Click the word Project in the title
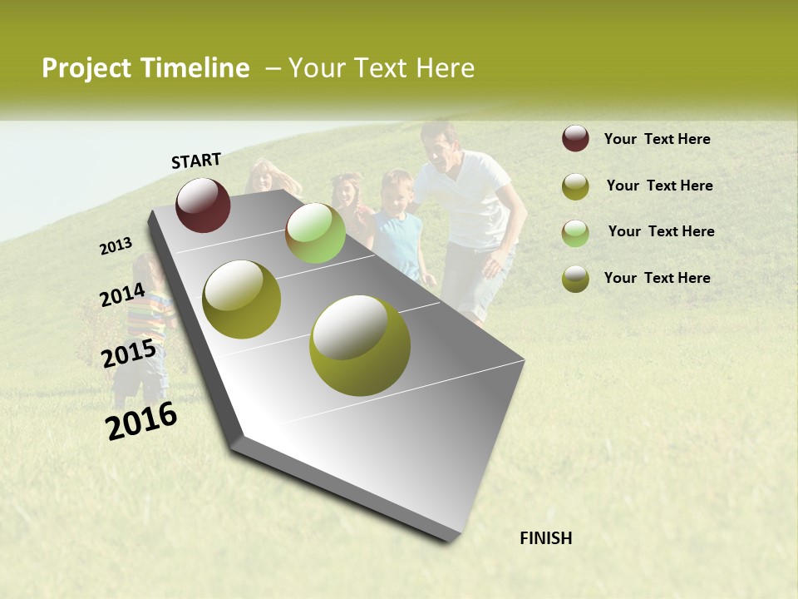[x=86, y=68]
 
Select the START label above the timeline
[x=196, y=161]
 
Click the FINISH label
[x=545, y=538]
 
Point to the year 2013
[x=116, y=246]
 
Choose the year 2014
[x=122, y=295]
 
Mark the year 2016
[x=141, y=421]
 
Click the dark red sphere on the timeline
[x=203, y=205]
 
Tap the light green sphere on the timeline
[x=315, y=233]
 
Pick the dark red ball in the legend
[x=575, y=139]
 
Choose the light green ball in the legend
[x=575, y=232]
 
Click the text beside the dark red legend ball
[x=657, y=139]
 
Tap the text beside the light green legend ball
[x=661, y=231]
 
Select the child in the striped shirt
[x=142, y=320]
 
